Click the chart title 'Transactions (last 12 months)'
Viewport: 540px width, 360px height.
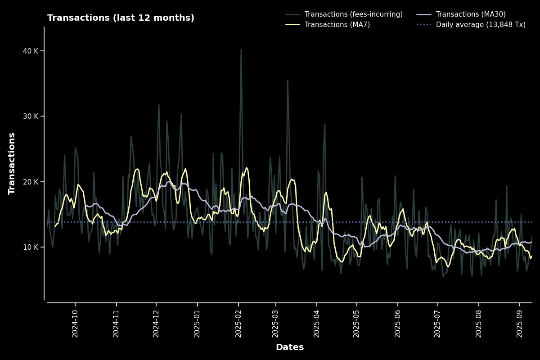[121, 18]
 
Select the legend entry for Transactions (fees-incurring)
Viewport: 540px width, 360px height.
[353, 14]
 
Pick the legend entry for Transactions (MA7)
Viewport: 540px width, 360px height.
[337, 25]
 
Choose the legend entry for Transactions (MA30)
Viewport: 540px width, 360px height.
[470, 14]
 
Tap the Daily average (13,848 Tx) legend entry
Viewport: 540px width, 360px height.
[481, 25]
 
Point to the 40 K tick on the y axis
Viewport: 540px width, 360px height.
[30, 51]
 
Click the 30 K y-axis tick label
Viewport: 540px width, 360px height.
[30, 116]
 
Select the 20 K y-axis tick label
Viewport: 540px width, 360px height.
[30, 182]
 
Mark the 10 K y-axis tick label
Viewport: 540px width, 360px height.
[30, 247]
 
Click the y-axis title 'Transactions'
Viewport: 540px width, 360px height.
[12, 163]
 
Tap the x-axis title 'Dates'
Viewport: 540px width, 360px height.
[289, 347]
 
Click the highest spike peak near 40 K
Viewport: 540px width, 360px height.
[241, 49]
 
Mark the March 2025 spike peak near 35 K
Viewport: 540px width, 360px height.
[288, 80]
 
